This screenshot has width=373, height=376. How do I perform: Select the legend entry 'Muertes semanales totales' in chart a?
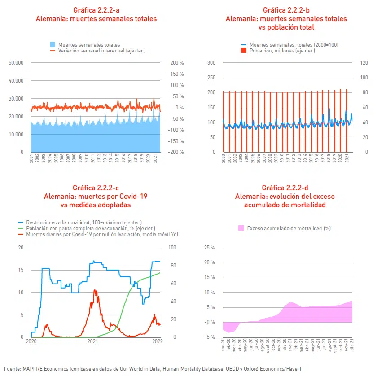(85, 45)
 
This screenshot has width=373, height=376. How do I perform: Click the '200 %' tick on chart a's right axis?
(177, 63)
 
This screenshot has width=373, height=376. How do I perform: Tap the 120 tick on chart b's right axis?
(364, 62)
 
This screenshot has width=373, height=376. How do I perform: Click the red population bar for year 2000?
(224, 121)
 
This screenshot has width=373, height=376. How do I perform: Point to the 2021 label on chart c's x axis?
(92, 341)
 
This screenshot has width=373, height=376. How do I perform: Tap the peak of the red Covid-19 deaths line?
(95, 290)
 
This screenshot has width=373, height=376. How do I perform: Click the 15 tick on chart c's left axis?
(20, 270)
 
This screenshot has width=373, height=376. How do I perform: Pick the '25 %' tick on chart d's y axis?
(209, 248)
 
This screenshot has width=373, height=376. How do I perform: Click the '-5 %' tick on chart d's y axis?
(209, 337)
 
